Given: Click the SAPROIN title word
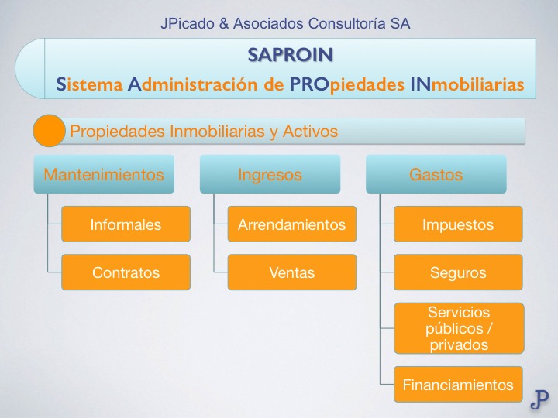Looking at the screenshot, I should point(291,54).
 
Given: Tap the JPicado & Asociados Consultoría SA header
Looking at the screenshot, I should point(285,24).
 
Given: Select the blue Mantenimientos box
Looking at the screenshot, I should point(104,174).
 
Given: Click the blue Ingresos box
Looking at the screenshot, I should point(270,174).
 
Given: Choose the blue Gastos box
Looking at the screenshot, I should point(436,174).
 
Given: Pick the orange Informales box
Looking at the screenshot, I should point(126,225).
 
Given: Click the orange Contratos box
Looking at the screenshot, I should point(126,272).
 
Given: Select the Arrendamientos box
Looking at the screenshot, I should point(291,225).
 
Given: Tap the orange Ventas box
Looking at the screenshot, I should point(291,272).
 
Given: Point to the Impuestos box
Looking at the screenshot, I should point(457,225).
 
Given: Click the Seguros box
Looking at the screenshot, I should point(457,272).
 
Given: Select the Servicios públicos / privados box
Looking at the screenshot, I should point(457,328).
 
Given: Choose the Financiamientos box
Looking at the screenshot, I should point(457,385).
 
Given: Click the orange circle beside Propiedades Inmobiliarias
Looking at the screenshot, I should point(49,131).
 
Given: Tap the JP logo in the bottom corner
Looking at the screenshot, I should point(540,399).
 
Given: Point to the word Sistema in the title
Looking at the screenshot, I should point(90,84).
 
